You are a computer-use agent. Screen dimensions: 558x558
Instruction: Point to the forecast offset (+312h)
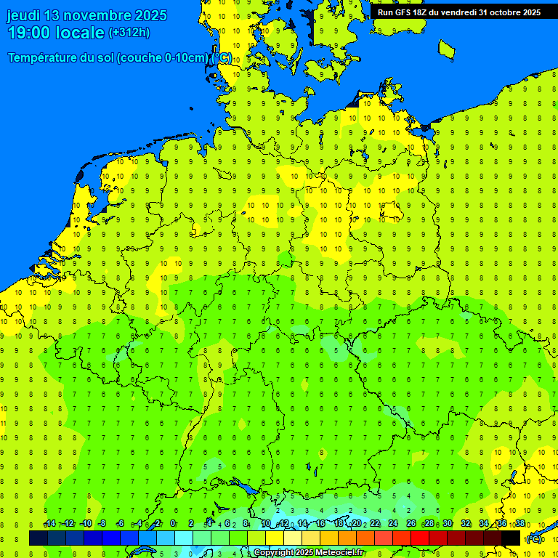pyautogui.click(x=129, y=33)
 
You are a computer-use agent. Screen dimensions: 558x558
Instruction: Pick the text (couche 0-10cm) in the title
pyautogui.click(x=163, y=58)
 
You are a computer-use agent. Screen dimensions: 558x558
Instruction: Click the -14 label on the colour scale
pyautogui.click(x=49, y=524)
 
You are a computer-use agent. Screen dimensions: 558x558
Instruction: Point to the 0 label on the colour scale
pyautogui.click(x=173, y=524)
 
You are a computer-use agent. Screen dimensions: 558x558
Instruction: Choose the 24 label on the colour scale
pyautogui.click(x=393, y=524)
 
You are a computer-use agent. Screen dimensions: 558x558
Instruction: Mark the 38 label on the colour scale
pyautogui.click(x=519, y=524)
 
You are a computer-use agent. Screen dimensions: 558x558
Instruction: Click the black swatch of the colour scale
pyautogui.click(x=511, y=538)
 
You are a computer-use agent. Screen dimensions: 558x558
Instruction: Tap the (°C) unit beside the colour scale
pyautogui.click(x=533, y=538)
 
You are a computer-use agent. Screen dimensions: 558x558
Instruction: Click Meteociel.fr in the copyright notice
pyautogui.click(x=335, y=553)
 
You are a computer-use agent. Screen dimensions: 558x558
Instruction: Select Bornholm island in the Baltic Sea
pyautogui.click(x=447, y=48)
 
